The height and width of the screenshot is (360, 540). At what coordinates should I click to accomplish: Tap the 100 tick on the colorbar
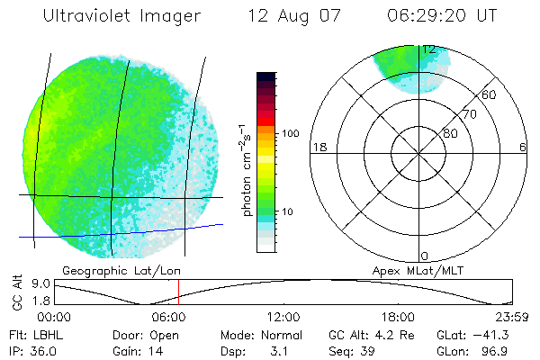click(291, 132)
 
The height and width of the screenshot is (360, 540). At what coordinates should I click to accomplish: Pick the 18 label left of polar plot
click(318, 147)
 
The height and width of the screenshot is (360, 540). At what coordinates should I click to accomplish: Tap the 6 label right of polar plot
click(523, 147)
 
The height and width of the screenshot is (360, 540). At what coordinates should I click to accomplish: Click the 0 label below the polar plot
click(425, 256)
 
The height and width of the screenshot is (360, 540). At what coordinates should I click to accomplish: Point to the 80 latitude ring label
click(450, 133)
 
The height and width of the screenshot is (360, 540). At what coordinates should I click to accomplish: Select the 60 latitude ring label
click(490, 94)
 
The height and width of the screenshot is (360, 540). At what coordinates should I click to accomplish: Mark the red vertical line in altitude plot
click(178, 292)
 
